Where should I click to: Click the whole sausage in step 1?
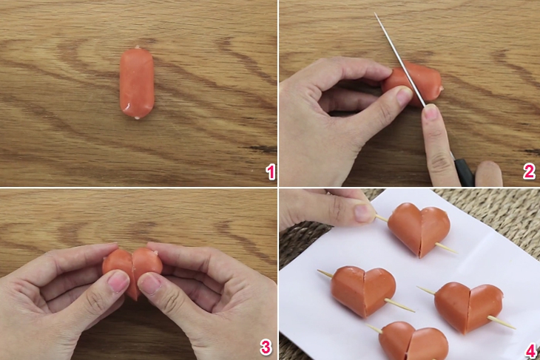[136, 83]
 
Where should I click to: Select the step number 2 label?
[528, 172]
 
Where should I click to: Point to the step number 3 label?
[265, 347]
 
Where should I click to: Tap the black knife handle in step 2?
[464, 171]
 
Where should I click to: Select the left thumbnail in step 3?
[118, 281]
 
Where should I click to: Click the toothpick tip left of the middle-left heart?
[321, 273]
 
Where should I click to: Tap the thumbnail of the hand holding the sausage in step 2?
[403, 95]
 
